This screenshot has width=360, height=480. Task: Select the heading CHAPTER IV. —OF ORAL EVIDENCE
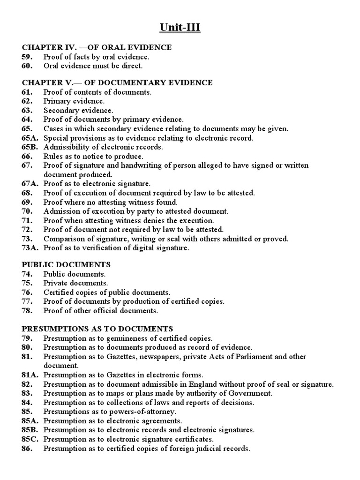tap(97, 47)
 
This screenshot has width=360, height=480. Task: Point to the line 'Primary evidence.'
tap(74, 101)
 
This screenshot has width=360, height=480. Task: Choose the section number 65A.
tap(30, 138)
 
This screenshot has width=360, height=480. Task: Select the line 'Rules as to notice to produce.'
tap(93, 156)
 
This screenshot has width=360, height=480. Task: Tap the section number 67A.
tap(30, 184)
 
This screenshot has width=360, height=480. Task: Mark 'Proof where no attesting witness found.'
tap(111, 202)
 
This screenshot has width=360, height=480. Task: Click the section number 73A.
tap(30, 248)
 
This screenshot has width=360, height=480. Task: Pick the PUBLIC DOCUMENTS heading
tap(66, 265)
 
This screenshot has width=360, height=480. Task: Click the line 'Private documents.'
tap(75, 283)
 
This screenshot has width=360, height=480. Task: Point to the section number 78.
tap(26, 310)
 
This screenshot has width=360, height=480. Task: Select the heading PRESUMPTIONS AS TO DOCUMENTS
tap(97, 329)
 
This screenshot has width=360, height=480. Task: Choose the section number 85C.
tap(30, 439)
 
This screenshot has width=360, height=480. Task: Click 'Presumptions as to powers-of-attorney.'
tap(110, 412)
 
